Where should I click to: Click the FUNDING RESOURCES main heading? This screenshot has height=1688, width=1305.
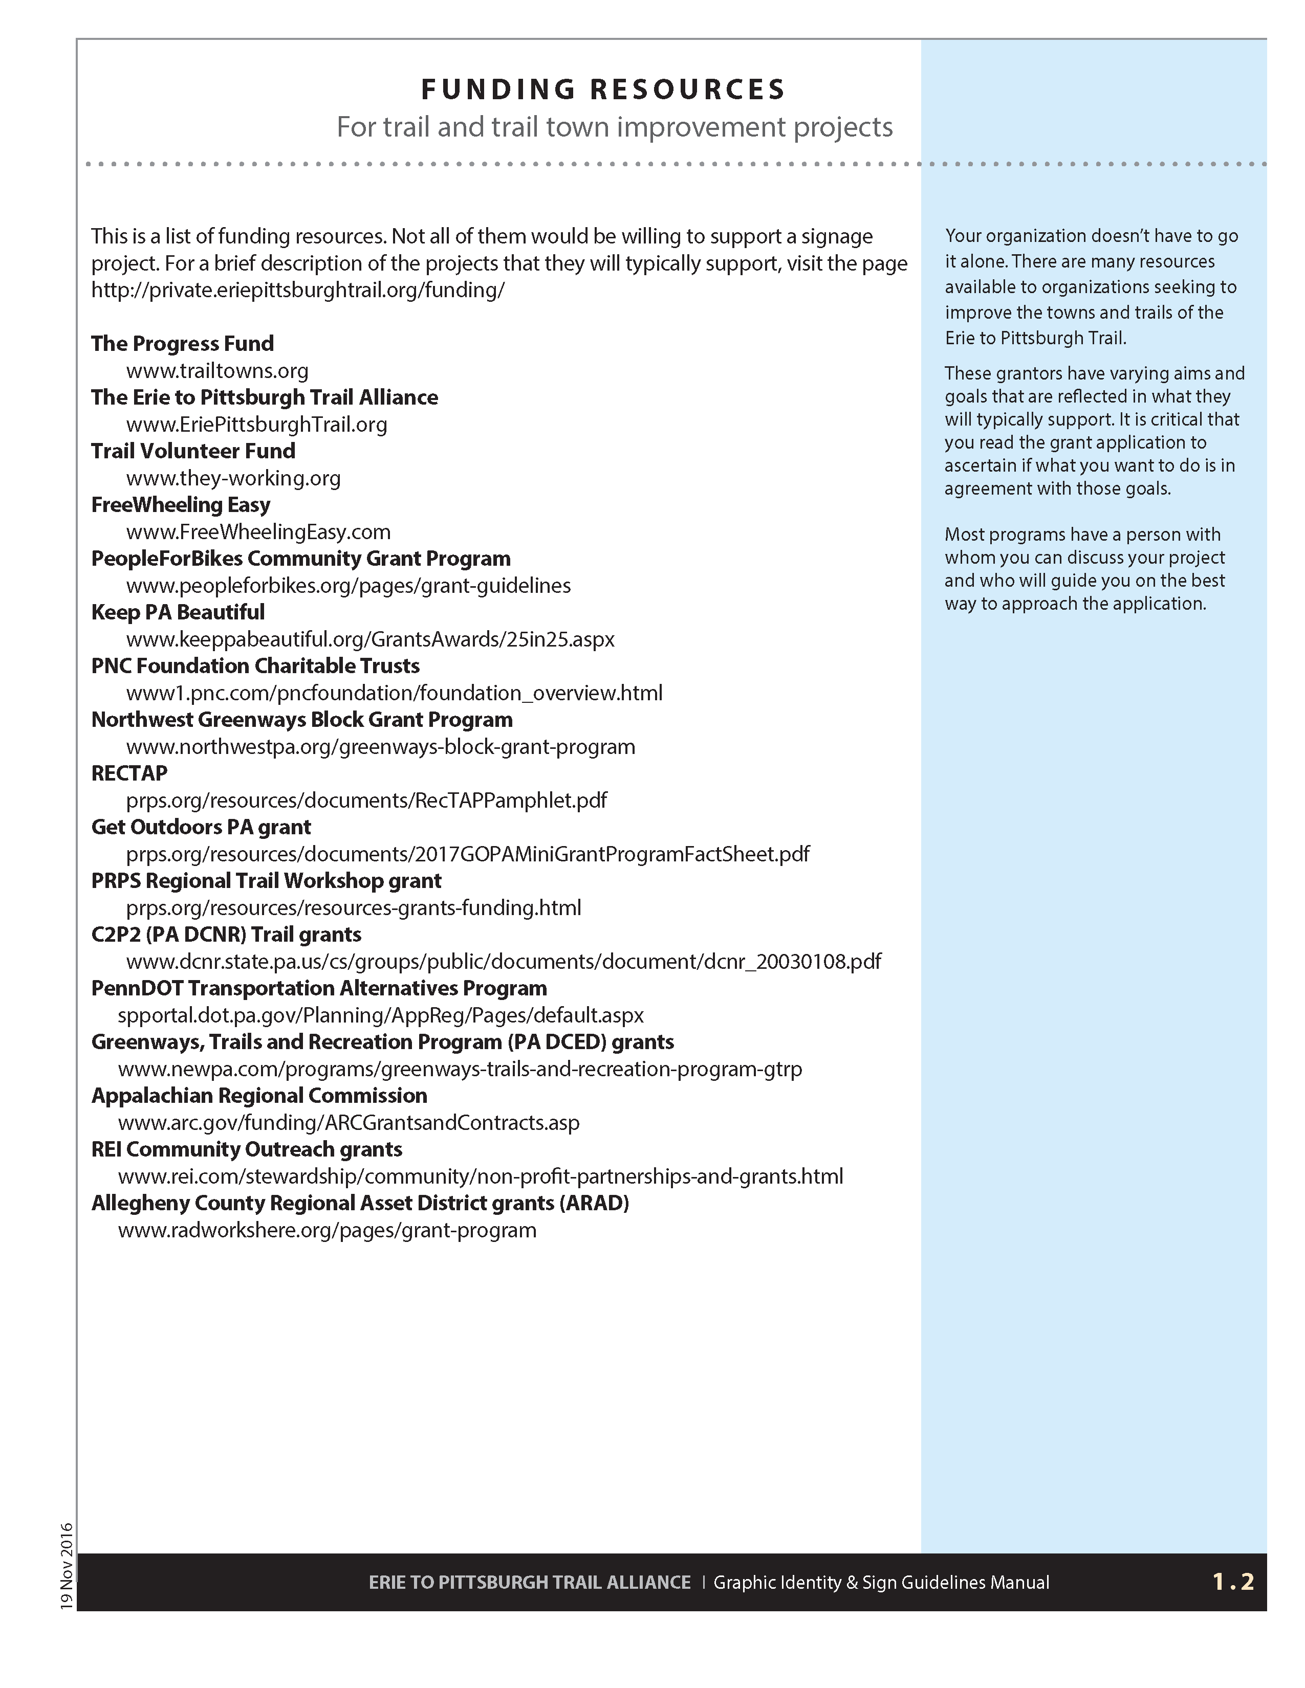click(603, 90)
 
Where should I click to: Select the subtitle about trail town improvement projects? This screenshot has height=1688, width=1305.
click(615, 127)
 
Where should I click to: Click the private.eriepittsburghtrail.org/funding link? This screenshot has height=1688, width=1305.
click(298, 290)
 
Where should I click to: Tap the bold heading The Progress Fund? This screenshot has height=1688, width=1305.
click(183, 343)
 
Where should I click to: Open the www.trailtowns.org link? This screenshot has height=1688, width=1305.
click(217, 371)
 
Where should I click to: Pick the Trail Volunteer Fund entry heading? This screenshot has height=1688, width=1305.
click(193, 451)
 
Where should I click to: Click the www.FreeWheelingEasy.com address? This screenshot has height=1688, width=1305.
click(258, 532)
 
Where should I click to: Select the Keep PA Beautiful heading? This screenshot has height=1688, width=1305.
click(178, 612)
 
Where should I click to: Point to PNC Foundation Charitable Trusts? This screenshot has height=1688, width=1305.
click(255, 665)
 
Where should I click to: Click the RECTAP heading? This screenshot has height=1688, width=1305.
click(129, 773)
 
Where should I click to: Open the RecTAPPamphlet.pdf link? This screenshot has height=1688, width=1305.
click(366, 800)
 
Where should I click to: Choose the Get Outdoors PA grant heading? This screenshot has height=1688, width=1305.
click(201, 827)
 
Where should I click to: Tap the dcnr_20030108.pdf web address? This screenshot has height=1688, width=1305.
click(503, 962)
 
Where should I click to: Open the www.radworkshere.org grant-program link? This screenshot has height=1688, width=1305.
click(327, 1230)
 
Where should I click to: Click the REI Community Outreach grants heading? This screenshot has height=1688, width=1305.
click(247, 1149)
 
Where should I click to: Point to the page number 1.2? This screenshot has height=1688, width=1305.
click(1233, 1582)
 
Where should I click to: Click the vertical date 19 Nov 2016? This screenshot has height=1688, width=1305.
click(67, 1566)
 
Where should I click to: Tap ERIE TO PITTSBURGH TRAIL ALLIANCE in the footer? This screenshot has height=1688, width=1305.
click(530, 1582)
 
